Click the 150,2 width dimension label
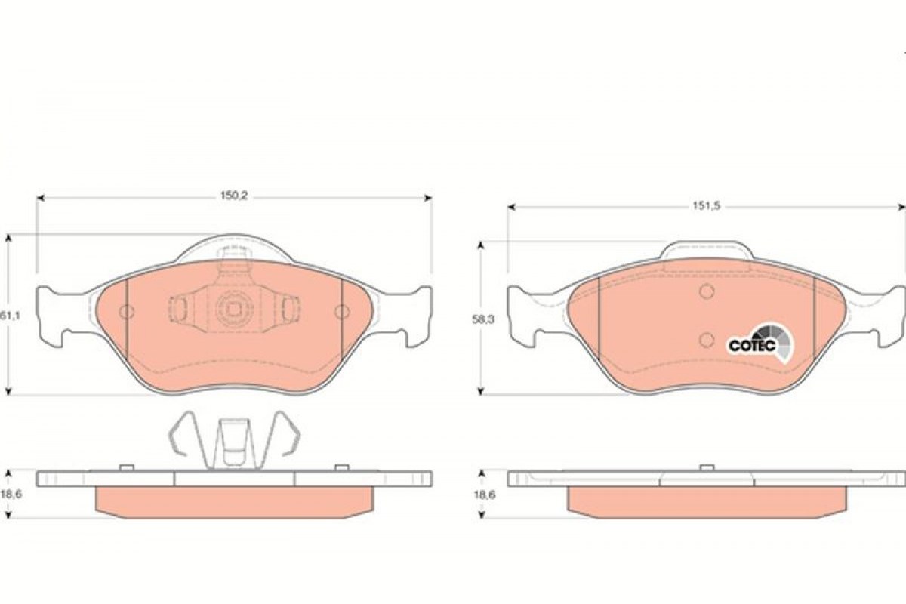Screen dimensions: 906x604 [234, 196]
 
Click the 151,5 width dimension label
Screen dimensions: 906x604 [707, 206]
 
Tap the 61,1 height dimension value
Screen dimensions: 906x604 [9, 316]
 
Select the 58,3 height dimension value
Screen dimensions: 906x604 [483, 319]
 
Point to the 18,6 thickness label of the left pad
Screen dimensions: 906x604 [11, 495]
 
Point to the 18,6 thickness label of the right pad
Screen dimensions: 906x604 [484, 495]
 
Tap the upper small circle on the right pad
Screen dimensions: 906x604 [707, 291]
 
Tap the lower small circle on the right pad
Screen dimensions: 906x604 [707, 341]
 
